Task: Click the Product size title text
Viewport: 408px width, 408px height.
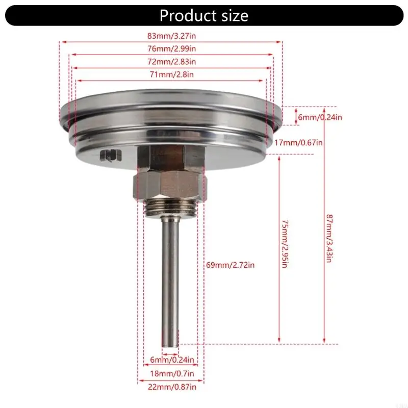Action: point(203,16)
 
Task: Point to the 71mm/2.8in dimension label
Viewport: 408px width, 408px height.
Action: point(171,75)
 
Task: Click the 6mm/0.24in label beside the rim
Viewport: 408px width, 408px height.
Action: point(320,117)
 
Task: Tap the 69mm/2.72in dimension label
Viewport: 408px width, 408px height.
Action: point(230,265)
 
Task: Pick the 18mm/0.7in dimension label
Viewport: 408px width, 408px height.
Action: point(169,373)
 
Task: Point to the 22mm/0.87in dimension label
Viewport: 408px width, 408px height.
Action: point(170,387)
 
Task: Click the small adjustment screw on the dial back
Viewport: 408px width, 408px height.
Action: point(108,156)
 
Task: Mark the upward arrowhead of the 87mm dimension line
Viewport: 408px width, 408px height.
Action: point(324,109)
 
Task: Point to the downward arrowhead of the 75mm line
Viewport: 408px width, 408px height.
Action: point(279,341)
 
